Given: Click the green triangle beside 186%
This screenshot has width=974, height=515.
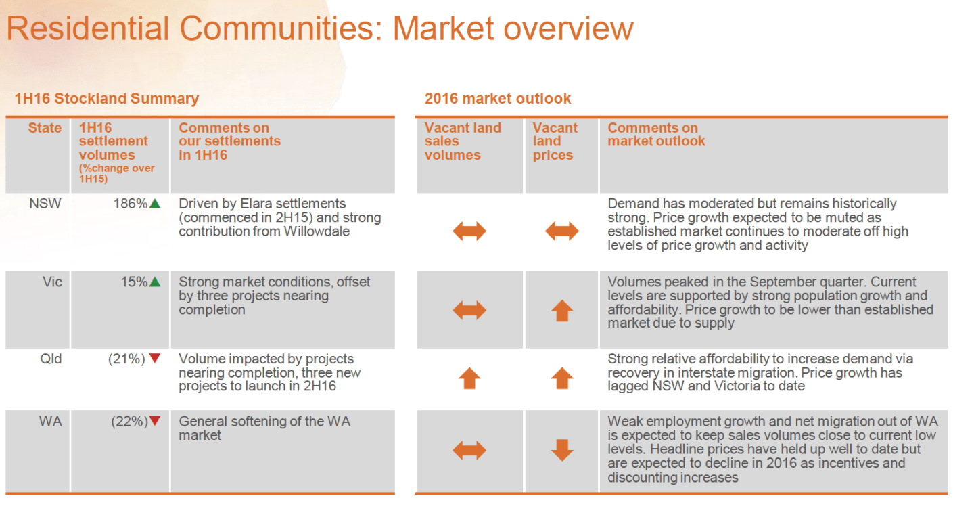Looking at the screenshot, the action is click(155, 204).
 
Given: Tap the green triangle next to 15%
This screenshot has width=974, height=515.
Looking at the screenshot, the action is click(155, 282).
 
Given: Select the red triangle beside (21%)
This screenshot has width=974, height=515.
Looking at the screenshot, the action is click(155, 359).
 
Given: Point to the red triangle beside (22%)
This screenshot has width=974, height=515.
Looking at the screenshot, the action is click(155, 421).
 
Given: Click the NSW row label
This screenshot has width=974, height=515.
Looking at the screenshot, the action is click(45, 204).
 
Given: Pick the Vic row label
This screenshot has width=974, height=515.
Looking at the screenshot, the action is click(52, 282).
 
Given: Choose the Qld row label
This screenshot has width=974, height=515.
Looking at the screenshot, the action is click(51, 359).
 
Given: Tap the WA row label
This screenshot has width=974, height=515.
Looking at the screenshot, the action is click(51, 421).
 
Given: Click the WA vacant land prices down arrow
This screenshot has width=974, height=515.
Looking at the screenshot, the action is click(562, 450).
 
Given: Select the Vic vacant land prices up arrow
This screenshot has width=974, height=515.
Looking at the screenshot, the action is click(562, 311).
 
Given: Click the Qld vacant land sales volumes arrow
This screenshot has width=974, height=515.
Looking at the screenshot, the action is click(469, 378).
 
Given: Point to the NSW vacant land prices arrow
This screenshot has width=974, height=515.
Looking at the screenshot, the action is click(562, 231).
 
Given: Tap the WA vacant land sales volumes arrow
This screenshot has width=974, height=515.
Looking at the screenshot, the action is click(469, 450).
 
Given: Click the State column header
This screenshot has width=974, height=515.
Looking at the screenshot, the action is click(45, 128).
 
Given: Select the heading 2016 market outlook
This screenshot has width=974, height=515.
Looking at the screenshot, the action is click(497, 98).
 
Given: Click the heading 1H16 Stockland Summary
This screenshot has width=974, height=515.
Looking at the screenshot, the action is click(107, 99).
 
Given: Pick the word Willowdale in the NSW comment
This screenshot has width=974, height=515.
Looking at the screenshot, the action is click(317, 231).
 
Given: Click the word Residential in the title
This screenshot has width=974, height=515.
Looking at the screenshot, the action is click(88, 28).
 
